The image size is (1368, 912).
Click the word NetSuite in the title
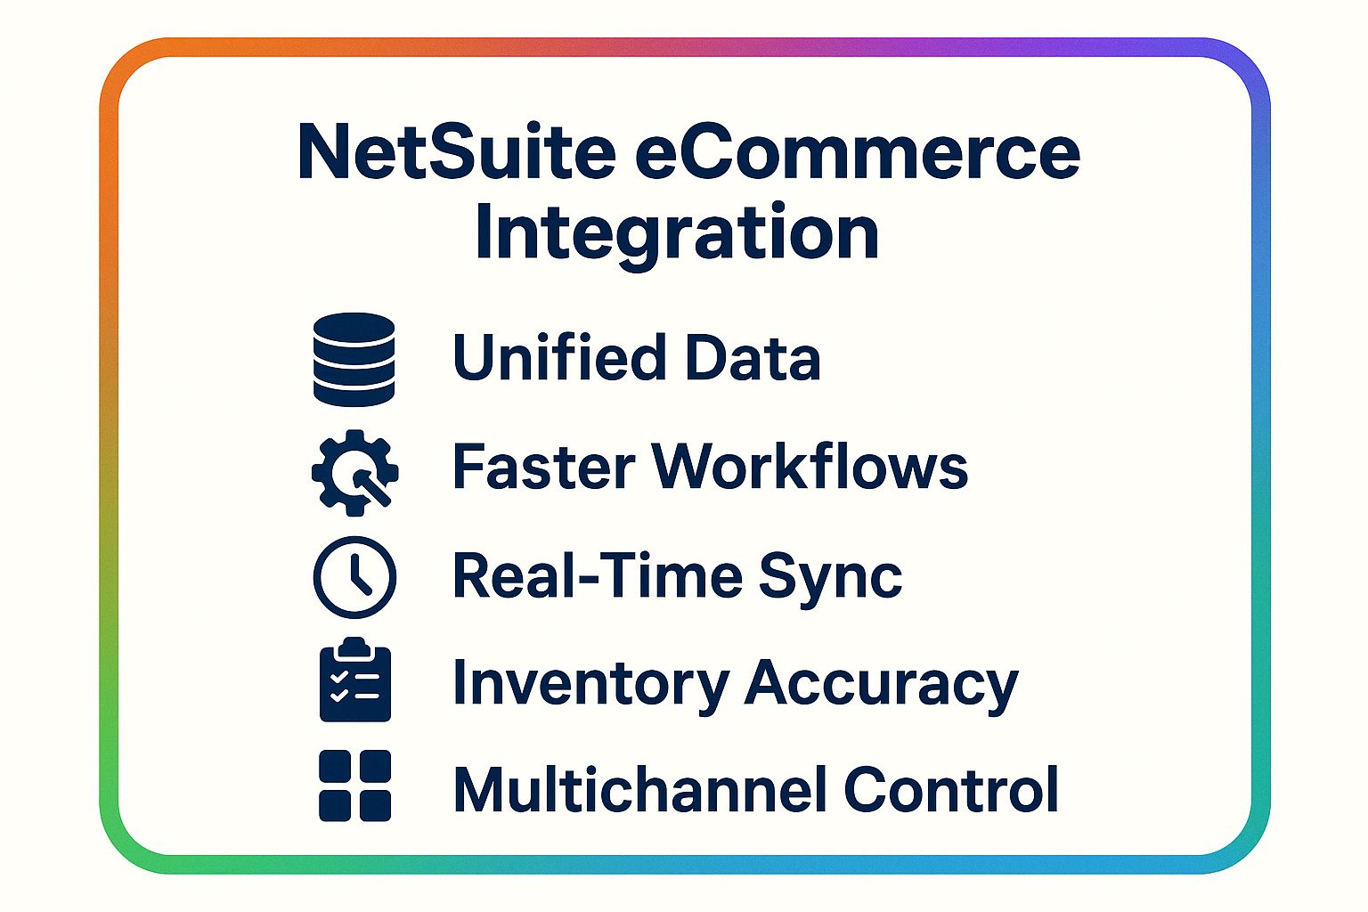(x=456, y=151)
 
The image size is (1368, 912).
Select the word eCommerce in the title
(x=858, y=151)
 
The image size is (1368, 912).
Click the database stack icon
(x=354, y=360)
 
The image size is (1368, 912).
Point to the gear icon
(x=354, y=472)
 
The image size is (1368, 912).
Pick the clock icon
(x=354, y=577)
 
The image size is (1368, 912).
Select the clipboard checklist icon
(x=354, y=681)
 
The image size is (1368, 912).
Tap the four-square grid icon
(x=354, y=786)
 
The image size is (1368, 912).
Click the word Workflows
(x=810, y=466)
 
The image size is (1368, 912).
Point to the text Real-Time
(x=596, y=575)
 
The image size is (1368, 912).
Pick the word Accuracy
(x=882, y=684)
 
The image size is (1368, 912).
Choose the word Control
(x=951, y=789)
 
